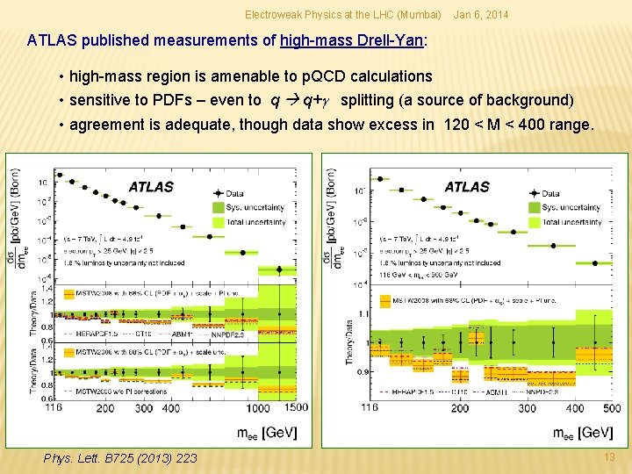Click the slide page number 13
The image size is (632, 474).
click(x=610, y=457)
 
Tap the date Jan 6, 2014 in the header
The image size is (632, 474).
click(x=481, y=15)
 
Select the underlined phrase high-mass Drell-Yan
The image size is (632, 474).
click(x=350, y=40)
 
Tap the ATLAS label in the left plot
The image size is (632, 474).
click(x=151, y=186)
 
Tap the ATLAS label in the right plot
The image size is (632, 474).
click(x=467, y=186)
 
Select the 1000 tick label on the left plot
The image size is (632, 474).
click(x=259, y=408)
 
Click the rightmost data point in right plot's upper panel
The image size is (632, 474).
click(x=597, y=262)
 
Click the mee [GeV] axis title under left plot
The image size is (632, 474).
click(x=267, y=432)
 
